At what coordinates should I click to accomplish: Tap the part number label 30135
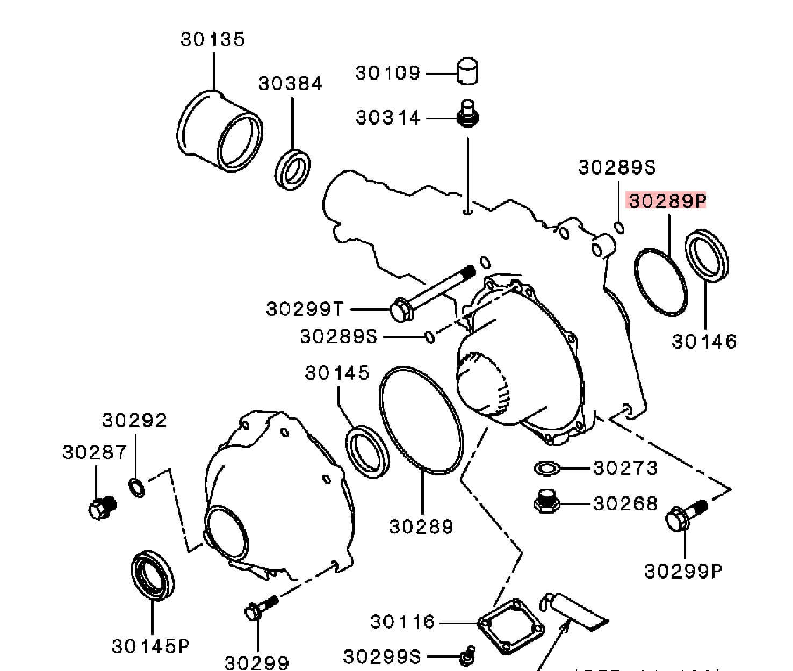pos(213,39)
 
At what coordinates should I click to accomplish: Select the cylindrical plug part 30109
pos(468,72)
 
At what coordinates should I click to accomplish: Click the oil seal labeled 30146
pos(708,254)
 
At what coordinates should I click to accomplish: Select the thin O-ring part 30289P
pos(660,281)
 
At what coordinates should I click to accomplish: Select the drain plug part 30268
pos(547,502)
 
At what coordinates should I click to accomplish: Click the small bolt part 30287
pos(102,507)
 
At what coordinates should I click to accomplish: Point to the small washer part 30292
pos(137,487)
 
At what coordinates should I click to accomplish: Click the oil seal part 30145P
pos(153,575)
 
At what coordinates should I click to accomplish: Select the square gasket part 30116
pos(511,626)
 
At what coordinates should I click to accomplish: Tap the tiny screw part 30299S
pos(466,655)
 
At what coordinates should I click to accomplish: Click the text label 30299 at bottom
pos(256,662)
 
